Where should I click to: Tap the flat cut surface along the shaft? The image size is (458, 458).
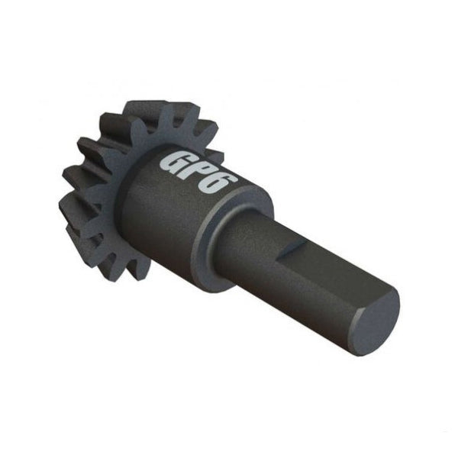pyautogui.click(x=328, y=263)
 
